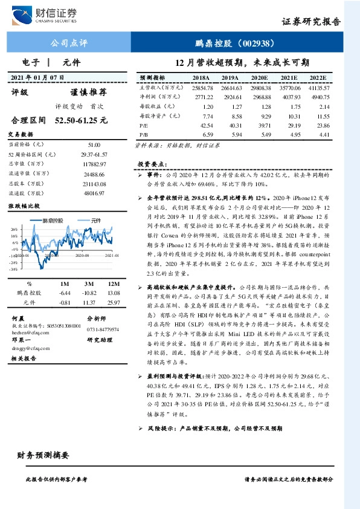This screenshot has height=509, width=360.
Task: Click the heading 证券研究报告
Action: pos(311,21)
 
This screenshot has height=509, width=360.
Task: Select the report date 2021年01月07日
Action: pos(37,77)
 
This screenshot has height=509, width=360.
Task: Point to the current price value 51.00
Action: pos(94,145)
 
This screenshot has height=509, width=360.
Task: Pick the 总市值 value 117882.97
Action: pos(94,164)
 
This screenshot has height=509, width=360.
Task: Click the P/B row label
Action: pos(144,134)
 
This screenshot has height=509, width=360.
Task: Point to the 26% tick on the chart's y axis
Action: pos(13,230)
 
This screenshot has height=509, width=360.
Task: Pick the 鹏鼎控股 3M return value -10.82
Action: pos(89,293)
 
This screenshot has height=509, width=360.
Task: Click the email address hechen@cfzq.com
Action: pos(30,332)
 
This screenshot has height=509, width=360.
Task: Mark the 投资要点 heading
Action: pos(152,164)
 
